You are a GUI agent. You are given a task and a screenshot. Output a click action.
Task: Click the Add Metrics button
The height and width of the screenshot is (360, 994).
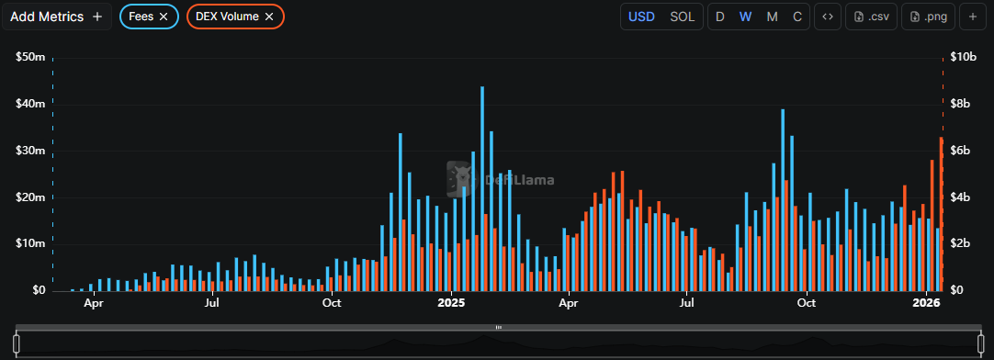57,17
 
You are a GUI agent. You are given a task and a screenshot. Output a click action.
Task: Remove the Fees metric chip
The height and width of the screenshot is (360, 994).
164,17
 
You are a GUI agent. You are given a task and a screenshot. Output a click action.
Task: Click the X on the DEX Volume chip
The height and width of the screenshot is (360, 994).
268,17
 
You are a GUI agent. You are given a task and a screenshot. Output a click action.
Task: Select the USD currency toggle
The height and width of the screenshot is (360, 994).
641,17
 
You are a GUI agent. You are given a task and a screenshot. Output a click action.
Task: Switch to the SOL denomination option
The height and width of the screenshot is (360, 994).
683,17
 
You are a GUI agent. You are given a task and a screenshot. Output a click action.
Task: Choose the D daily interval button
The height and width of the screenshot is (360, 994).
720,17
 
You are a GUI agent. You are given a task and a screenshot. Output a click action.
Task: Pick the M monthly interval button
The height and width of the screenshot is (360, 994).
772,17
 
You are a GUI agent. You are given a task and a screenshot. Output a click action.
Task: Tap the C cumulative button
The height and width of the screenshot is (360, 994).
796,17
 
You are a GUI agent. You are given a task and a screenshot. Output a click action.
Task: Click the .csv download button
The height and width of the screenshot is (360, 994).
871,17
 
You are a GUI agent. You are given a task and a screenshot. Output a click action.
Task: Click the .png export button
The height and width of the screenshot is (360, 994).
929,17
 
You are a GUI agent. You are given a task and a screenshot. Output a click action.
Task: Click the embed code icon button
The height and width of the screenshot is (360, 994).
828,17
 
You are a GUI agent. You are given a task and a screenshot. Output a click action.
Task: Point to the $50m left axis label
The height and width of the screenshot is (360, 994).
31,57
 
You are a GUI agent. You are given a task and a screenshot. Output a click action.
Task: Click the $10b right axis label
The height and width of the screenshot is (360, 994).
963,57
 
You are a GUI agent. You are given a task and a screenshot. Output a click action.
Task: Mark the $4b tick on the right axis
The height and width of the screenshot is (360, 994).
961,197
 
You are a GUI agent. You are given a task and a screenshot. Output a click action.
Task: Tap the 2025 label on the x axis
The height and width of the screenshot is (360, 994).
451,302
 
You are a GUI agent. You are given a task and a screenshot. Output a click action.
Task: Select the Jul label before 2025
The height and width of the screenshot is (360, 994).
211,302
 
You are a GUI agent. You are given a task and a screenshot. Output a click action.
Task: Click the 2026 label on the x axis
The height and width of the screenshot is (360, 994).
926,302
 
